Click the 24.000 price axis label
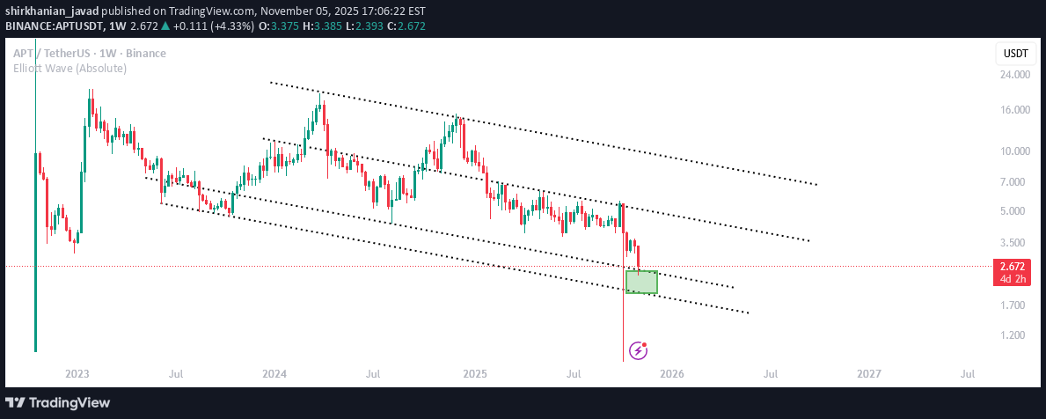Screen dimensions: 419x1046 click(x=1015, y=75)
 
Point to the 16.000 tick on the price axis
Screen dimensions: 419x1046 click(x=1015, y=110)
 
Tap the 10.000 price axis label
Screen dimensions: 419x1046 click(x=1015, y=151)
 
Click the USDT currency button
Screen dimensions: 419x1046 click(x=1016, y=54)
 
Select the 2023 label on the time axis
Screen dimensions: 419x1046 click(x=77, y=374)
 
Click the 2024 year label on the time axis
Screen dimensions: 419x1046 click(x=274, y=374)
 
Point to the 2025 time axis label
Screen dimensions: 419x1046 click(x=474, y=374)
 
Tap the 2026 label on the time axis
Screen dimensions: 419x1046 click(x=671, y=374)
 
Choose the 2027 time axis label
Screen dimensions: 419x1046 click(x=868, y=374)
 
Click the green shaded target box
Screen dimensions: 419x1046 click(x=641, y=282)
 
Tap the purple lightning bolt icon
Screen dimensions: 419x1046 click(x=639, y=351)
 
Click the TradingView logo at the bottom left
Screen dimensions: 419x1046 click(x=58, y=403)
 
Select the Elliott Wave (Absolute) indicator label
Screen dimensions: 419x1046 click(x=69, y=68)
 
